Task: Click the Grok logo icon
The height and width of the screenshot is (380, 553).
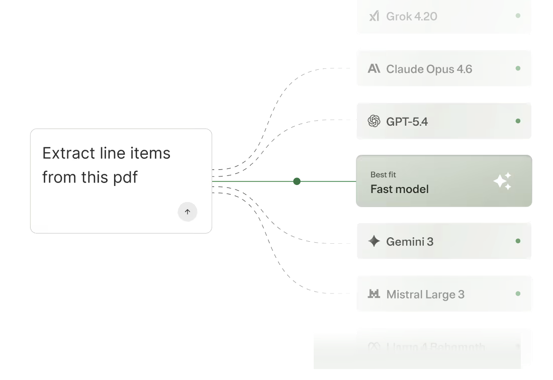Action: coord(374,16)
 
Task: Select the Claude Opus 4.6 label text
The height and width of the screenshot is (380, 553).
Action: coord(429,69)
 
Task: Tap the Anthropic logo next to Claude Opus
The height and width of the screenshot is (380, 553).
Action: coord(374,68)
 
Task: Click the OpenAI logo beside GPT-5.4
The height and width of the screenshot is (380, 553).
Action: coord(374,121)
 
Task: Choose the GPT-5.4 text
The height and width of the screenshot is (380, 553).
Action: coord(407,122)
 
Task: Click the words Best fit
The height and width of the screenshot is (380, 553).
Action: coord(383,175)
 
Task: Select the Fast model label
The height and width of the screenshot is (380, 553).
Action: coord(399,189)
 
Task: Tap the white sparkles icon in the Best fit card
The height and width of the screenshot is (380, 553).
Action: coord(502,181)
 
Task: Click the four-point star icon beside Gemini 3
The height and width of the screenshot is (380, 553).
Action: coord(374,241)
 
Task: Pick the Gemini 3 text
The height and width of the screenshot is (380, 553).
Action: coord(409,242)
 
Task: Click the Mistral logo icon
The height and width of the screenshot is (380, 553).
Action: coord(374,294)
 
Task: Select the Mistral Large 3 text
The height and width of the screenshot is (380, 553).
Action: coord(425,295)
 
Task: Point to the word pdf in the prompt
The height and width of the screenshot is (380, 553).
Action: coord(125,177)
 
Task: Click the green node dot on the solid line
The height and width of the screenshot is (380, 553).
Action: coord(297,181)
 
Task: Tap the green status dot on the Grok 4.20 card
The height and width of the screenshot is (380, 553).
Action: coord(518,16)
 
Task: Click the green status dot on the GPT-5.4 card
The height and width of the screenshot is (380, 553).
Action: coord(518,121)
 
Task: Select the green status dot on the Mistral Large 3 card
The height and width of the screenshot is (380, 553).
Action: coord(518,294)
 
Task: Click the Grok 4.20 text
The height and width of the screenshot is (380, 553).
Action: coord(411,17)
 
